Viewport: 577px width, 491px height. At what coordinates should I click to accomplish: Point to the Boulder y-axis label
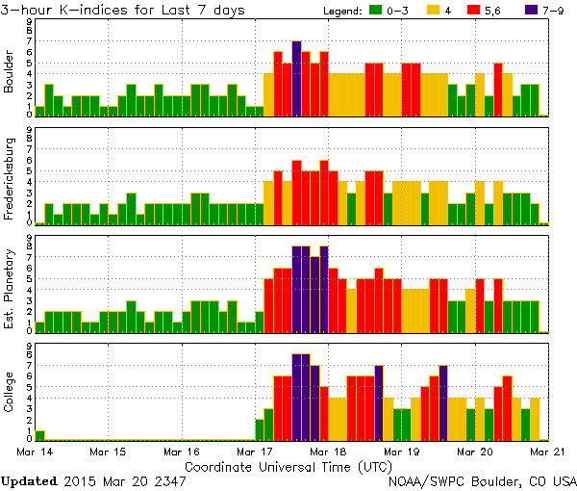point(10,73)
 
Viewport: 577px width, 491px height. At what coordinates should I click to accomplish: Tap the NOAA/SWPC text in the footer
point(429,479)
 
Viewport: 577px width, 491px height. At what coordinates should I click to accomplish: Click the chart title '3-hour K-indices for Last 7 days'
point(123,10)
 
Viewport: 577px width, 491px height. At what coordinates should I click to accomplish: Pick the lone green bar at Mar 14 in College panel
point(40,435)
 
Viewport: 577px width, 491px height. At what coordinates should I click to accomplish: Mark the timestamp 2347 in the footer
point(170,479)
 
